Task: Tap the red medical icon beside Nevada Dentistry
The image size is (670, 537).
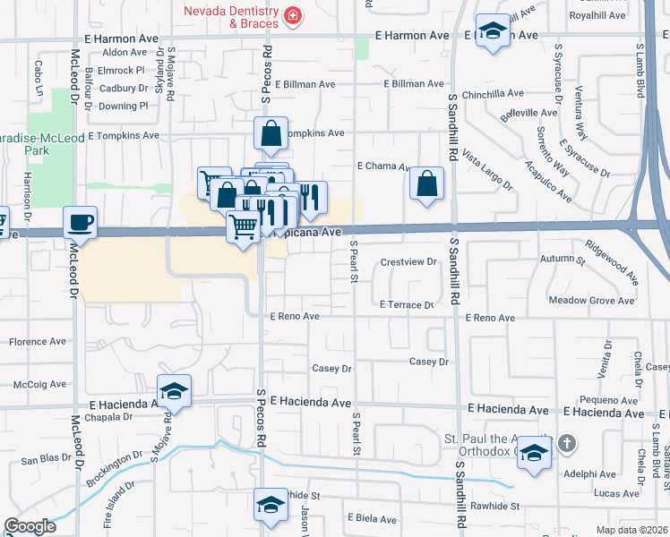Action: pos(292,15)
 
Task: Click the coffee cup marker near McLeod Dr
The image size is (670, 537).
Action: pos(80,222)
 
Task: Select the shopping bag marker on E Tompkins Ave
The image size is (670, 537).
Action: pos(271,134)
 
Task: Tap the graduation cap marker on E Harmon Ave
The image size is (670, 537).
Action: pos(491,32)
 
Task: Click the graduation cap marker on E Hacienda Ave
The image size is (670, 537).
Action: pos(175,391)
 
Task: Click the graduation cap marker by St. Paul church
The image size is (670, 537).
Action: pos(534,452)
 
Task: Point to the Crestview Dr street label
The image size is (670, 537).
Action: pos(408,262)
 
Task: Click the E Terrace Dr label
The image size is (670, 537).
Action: pos(407,305)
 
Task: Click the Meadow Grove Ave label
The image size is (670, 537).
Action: pos(591,301)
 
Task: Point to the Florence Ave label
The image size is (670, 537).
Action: pos(38,342)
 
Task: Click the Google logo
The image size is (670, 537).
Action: pos(30,526)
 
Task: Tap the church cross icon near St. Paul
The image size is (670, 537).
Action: pos(566,443)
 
